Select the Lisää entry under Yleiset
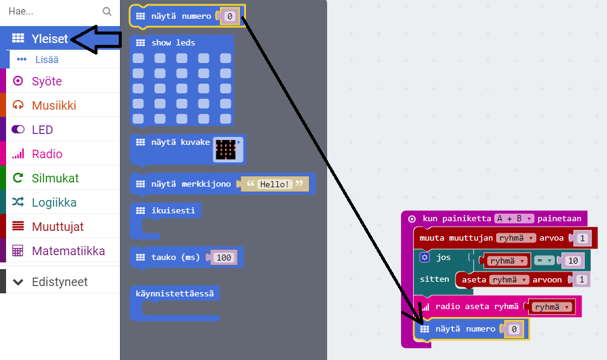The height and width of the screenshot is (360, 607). pyautogui.click(x=47, y=59)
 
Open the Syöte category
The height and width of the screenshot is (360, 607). pyautogui.click(x=47, y=81)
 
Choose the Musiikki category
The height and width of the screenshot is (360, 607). pyautogui.click(x=54, y=105)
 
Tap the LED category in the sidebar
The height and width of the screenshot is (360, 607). pyautogui.click(x=42, y=130)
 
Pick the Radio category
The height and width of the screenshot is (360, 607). pyautogui.click(x=47, y=154)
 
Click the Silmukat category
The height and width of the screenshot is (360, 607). pyautogui.click(x=55, y=178)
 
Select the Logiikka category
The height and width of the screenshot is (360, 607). pyautogui.click(x=54, y=202)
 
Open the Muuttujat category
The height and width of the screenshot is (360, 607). pyautogui.click(x=58, y=227)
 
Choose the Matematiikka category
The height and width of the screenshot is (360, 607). pyautogui.click(x=68, y=251)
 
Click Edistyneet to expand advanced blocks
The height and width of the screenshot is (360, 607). pyautogui.click(x=59, y=282)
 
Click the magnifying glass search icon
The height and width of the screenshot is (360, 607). pyautogui.click(x=107, y=11)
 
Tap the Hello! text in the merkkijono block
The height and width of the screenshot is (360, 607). pyautogui.click(x=274, y=184)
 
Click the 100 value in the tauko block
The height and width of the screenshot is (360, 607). pyautogui.click(x=224, y=258)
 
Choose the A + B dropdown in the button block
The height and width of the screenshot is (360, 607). pyautogui.click(x=513, y=219)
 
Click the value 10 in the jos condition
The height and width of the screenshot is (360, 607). pyautogui.click(x=572, y=261)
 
